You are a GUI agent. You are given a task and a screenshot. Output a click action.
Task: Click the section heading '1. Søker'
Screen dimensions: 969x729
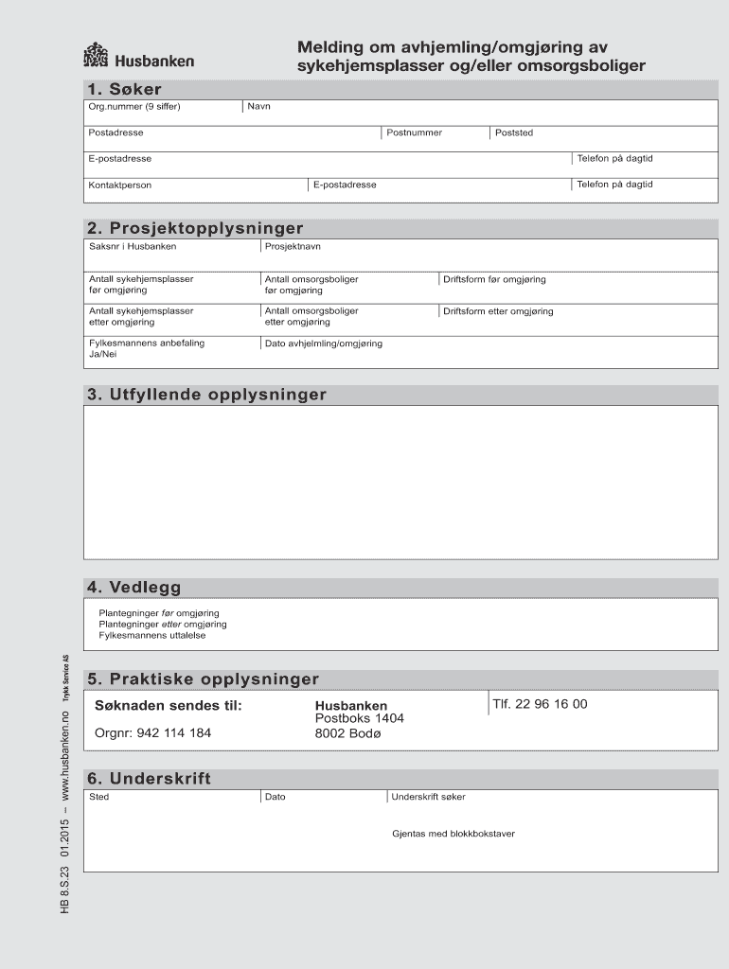pyautogui.click(x=124, y=89)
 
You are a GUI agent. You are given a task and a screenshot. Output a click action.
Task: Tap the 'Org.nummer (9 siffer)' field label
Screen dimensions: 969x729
pyautogui.click(x=134, y=106)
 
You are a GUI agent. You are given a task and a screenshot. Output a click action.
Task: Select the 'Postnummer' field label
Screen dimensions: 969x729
pyautogui.click(x=415, y=132)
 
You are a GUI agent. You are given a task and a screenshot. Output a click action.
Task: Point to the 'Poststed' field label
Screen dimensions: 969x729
pyautogui.click(x=514, y=132)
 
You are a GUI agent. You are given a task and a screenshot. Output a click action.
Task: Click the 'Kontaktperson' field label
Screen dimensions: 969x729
pyautogui.click(x=120, y=185)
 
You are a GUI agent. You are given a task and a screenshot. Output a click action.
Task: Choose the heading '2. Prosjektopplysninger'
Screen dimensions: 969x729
pyautogui.click(x=195, y=228)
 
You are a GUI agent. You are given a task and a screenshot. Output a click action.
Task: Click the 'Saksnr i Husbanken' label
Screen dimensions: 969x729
pyautogui.click(x=133, y=246)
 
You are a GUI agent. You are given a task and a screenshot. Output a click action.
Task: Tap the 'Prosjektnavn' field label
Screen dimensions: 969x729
pyautogui.click(x=293, y=246)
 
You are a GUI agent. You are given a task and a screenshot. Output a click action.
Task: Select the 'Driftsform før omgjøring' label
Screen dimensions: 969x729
pyautogui.click(x=494, y=279)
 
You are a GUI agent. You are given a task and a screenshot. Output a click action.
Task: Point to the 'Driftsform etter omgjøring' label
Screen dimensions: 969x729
pyautogui.click(x=498, y=311)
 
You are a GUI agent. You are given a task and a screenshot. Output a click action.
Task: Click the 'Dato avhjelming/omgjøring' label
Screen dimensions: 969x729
pyautogui.click(x=324, y=344)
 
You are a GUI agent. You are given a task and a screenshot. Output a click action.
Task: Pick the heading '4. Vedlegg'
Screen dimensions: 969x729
pyautogui.click(x=133, y=588)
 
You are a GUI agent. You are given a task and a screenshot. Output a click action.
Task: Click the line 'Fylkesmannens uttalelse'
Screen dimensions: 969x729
pyautogui.click(x=152, y=635)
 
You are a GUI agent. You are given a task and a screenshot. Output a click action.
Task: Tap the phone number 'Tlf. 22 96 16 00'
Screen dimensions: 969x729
pyautogui.click(x=540, y=704)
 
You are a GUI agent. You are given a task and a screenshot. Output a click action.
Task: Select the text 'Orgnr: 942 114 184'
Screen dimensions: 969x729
pyautogui.click(x=153, y=732)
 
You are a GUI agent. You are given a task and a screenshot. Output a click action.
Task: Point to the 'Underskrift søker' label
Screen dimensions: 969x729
pyautogui.click(x=429, y=797)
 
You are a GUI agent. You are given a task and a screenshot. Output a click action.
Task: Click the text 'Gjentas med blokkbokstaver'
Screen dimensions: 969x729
pyautogui.click(x=453, y=834)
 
